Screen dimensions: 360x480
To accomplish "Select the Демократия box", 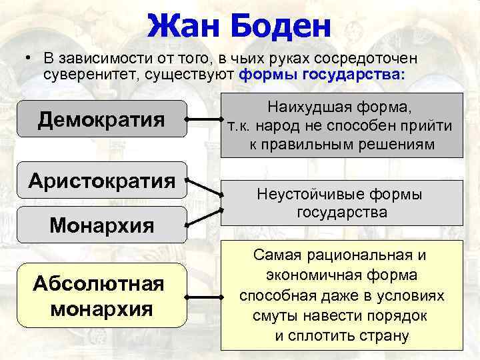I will click(x=101, y=119).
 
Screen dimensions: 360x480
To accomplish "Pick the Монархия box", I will click(x=101, y=225).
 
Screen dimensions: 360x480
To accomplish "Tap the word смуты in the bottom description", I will click(x=274, y=315).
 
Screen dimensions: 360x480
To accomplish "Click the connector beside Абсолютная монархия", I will click(x=203, y=296).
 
